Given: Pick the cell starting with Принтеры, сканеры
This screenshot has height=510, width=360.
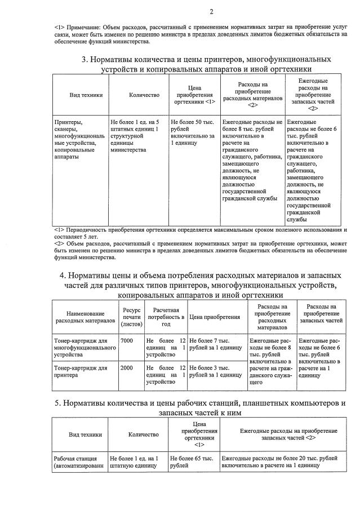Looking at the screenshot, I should (78, 139).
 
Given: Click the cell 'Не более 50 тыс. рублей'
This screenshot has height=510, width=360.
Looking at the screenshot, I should (193, 132).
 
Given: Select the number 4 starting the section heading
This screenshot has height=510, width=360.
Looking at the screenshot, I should (63, 275).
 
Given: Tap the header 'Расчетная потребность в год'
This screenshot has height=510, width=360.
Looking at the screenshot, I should (166, 317).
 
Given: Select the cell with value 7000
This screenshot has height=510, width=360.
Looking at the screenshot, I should (127, 341).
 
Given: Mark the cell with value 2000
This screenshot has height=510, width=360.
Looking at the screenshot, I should (127, 367).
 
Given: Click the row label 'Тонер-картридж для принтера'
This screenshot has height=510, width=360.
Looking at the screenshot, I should (82, 371).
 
